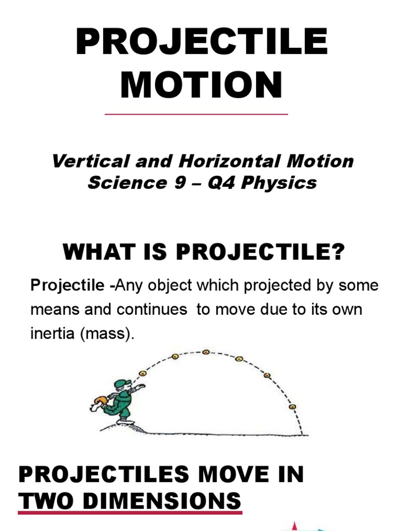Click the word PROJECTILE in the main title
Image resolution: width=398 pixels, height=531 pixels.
[202, 43]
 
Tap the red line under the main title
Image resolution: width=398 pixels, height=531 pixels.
[196, 114]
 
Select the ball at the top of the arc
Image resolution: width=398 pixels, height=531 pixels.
[206, 352]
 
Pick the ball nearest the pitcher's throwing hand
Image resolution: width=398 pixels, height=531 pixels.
[143, 373]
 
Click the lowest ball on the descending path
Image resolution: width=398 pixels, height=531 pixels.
[292, 407]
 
